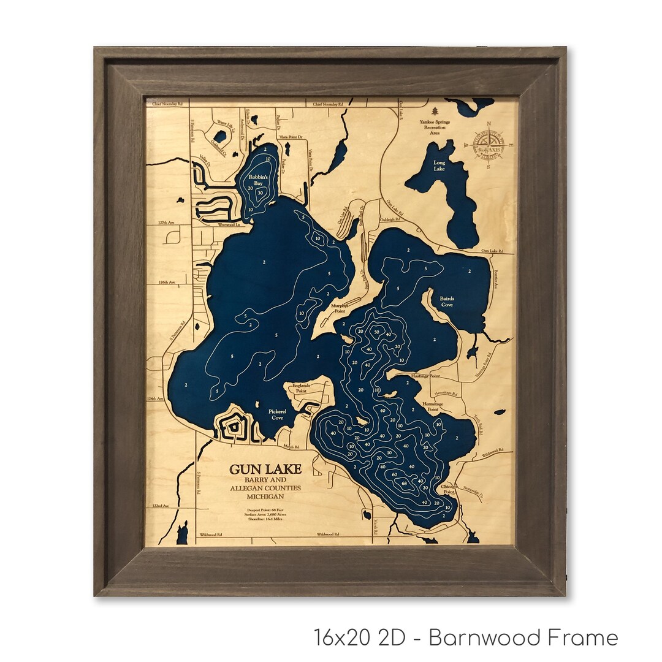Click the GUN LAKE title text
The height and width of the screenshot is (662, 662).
tap(265, 469)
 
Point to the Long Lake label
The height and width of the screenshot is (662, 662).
tap(439, 165)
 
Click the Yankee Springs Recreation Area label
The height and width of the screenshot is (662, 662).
tap(435, 127)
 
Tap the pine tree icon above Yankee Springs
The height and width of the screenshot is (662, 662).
tap(435, 111)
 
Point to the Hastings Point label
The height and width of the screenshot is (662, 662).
tap(426, 375)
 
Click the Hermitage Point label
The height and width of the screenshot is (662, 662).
tap(435, 407)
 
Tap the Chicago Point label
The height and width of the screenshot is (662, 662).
tap(448, 489)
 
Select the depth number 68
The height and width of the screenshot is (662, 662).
tap(404, 484)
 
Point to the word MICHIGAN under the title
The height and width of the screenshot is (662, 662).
tap(265, 495)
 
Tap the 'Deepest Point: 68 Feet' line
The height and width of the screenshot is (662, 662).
tap(265, 509)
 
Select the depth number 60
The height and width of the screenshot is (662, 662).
tap(394, 474)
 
